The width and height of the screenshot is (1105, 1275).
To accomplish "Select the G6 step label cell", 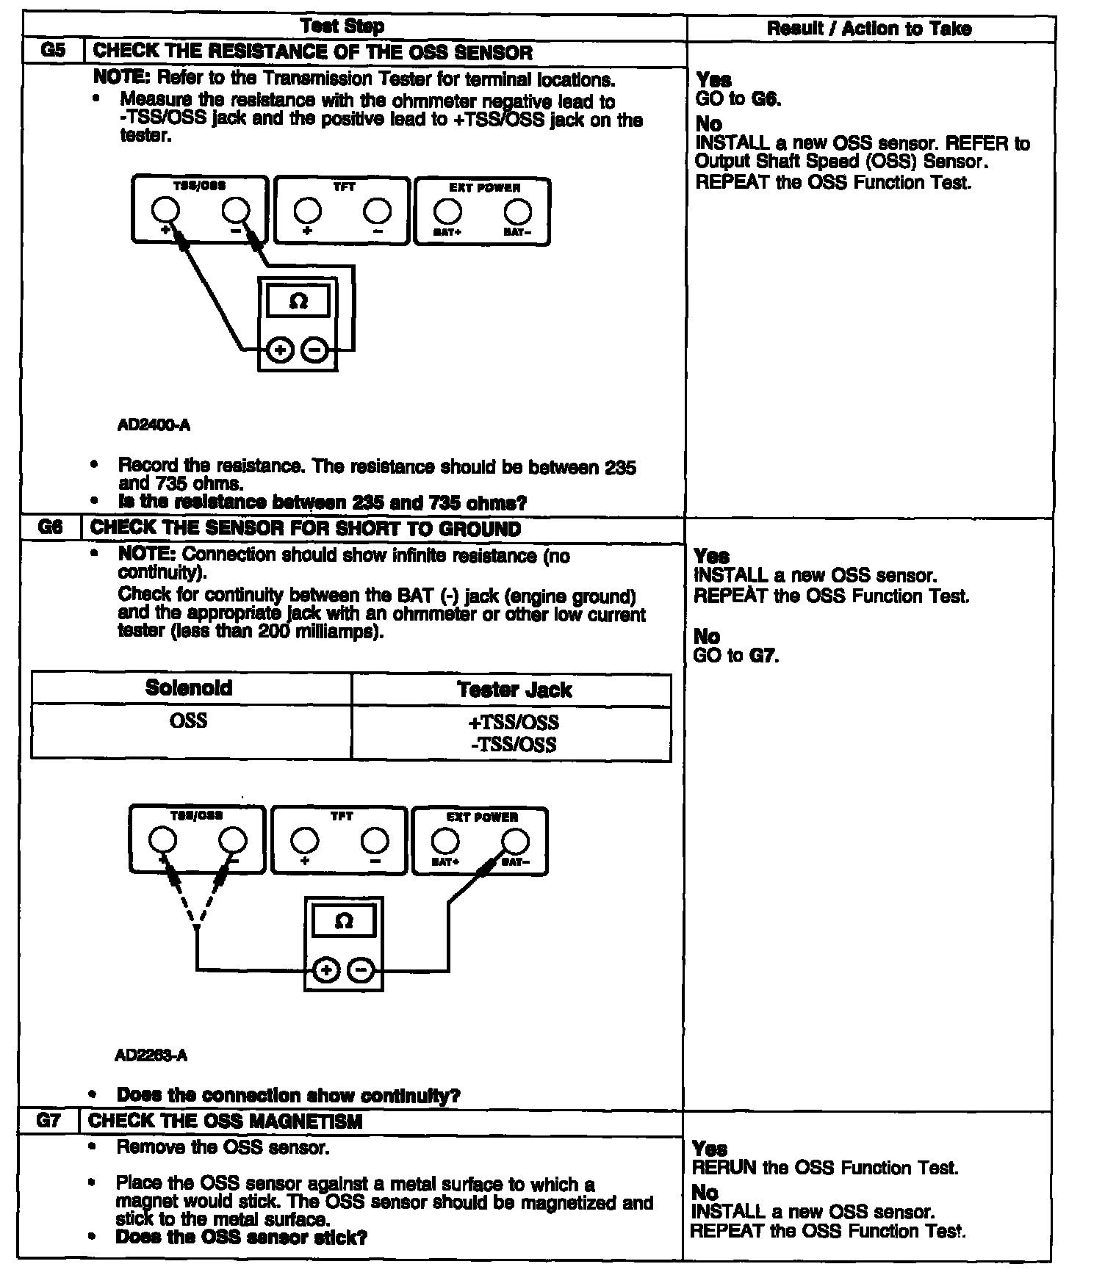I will coord(50,529).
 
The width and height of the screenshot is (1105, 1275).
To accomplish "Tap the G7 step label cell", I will coord(48,1121).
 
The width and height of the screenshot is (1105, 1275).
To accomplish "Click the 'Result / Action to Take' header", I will coord(869,29).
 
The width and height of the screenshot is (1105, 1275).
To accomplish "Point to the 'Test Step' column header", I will coord(342,27).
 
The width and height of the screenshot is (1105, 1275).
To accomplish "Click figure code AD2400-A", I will coord(154,425).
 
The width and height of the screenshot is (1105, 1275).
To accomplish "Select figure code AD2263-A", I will coord(151,1055).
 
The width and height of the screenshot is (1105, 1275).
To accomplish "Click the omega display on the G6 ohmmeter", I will coord(343,922).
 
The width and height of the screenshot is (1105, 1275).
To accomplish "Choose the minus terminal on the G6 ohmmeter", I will coord(361,970).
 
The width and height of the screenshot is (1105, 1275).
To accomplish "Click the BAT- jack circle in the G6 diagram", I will coord(515,841).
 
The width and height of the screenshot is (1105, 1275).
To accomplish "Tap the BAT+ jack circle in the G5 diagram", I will coord(447,212).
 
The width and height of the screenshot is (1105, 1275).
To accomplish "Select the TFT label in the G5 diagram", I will coord(343,188).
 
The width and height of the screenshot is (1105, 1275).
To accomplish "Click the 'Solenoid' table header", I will coord(189,688).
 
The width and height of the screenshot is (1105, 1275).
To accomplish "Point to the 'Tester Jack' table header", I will coord(514,690).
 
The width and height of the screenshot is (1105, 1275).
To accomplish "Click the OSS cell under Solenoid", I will coord(189,720).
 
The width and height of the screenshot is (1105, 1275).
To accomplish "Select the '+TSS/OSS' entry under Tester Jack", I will coord(514,722).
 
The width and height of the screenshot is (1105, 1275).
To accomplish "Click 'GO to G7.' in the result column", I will coord(735,655).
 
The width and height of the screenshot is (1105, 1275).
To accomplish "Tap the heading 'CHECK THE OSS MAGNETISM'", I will coord(226,1122).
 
